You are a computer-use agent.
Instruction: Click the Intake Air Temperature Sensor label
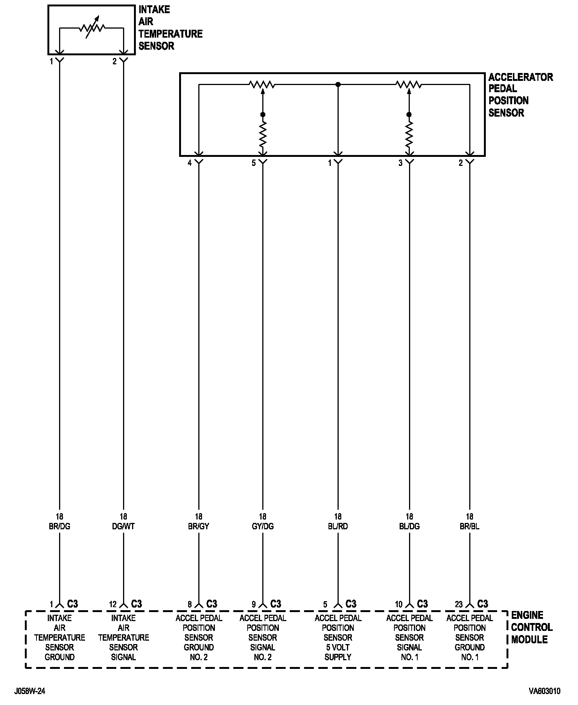coord(170,28)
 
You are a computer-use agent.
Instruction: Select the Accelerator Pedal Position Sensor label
coord(520,95)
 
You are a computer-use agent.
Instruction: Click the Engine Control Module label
coord(531,627)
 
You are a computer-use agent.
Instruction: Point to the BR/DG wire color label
coord(59,526)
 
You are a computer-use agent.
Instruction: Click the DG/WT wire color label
coord(123,526)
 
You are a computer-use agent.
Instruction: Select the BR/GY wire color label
coord(199,526)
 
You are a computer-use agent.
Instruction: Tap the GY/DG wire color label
coord(263,526)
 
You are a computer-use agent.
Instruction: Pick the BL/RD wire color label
coord(338,526)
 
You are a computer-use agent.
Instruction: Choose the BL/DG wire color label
coord(409,526)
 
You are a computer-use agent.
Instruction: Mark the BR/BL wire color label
coord(470,526)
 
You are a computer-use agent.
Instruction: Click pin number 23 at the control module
coord(459,605)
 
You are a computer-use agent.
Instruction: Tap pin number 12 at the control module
coord(113,605)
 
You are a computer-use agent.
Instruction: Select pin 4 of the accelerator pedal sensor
coord(190,163)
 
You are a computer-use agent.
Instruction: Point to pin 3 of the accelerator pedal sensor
coord(401,163)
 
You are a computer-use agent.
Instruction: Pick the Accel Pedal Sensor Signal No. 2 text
coord(263,637)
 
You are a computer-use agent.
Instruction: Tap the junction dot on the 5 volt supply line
coord(338,85)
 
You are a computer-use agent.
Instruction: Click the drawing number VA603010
coord(545,691)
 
